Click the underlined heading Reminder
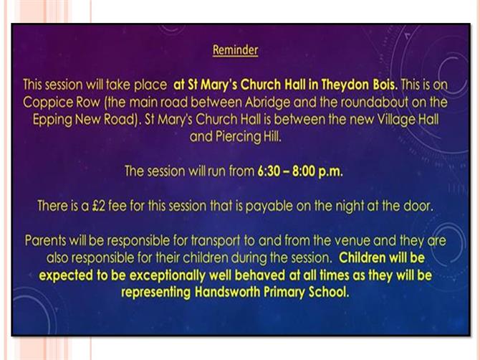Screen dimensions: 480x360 235,50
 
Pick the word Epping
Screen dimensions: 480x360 52,120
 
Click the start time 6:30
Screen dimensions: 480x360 269,171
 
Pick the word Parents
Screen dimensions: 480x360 45,240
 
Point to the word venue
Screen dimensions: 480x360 352,240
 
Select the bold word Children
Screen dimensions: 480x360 362,257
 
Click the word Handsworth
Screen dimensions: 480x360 227,292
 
